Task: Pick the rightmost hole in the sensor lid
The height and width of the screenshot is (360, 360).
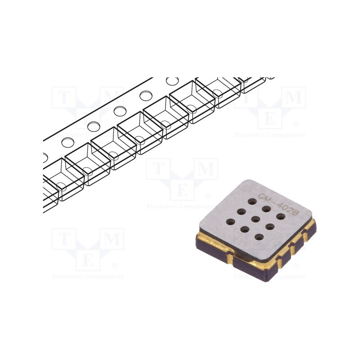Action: pyautogui.click(x=280, y=217)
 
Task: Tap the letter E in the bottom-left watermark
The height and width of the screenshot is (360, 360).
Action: pyautogui.click(x=88, y=260)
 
